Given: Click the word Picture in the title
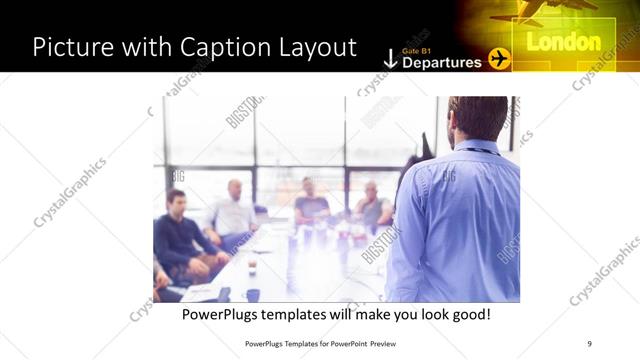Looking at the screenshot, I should (70, 47).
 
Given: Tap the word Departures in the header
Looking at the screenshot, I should (441, 62).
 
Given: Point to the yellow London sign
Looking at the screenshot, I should (563, 43).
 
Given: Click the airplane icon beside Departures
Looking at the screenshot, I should (500, 60).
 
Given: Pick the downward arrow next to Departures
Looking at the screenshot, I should (390, 59).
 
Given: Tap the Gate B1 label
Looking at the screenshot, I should (417, 48).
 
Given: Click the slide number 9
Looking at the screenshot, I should (590, 343).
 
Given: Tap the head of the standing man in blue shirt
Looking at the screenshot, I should (477, 118).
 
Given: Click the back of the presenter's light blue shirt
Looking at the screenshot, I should (460, 220).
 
